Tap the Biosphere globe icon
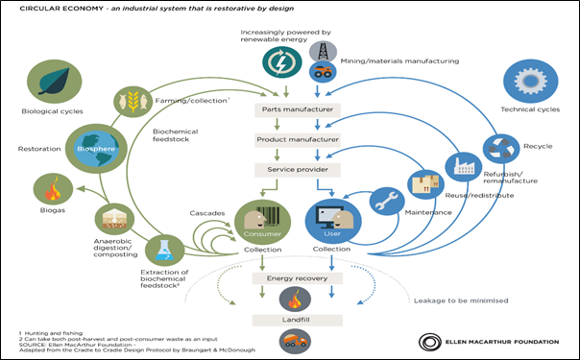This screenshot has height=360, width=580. click(x=83, y=148)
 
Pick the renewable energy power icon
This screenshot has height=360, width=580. click(x=278, y=63)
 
